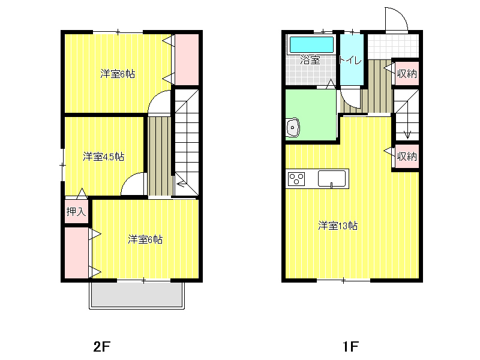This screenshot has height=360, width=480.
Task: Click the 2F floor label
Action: tap(101, 347)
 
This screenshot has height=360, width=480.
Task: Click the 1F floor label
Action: tap(350, 347)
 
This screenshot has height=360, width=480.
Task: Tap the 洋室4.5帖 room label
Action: tap(103, 157)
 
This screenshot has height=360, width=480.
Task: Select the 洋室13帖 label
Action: tap(338, 226)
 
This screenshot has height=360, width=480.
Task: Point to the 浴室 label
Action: tap(310, 59)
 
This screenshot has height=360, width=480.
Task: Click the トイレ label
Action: tap(350, 60)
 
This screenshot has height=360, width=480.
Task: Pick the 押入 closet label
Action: tap(76, 211)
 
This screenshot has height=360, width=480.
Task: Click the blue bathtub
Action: tap(311, 44)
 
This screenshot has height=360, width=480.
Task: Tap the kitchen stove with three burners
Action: tap(296, 179)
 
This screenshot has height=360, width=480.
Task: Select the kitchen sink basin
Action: tap(332, 179)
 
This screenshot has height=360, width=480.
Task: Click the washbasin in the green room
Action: tap(293, 127)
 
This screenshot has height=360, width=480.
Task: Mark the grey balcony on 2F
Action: tap(137, 294)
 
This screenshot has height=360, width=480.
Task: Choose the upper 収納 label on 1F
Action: tap(407, 73)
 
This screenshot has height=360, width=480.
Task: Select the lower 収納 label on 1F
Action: tap(407, 157)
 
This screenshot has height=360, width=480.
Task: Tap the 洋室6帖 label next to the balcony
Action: tap(145, 239)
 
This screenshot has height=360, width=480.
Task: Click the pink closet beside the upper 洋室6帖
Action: tap(187, 59)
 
